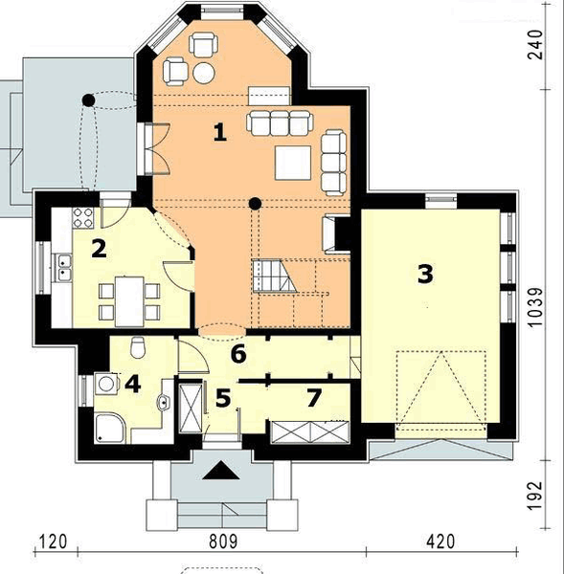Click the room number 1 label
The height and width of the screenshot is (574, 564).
point(220,133)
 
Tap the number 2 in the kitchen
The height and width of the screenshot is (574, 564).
point(98,249)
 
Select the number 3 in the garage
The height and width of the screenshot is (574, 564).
point(425,274)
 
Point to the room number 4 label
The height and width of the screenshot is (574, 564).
point(132,385)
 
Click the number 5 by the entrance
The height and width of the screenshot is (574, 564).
point(222,397)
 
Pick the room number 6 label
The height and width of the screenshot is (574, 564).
point(238,354)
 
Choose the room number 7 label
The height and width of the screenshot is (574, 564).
point(312,395)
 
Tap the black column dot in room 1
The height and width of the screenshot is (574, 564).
point(255,203)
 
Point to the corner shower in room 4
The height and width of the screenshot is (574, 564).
point(110,427)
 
